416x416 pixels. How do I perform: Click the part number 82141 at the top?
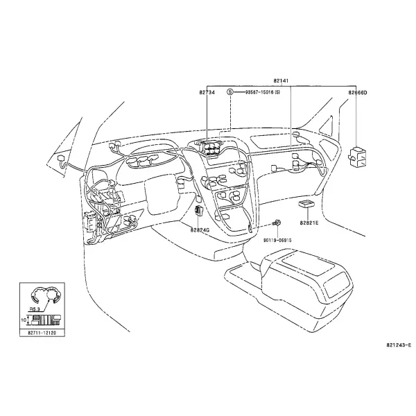point(281,80)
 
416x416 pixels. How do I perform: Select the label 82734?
point(207,92)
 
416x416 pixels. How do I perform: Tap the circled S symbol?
point(230,92)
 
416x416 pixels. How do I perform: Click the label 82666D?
point(358,93)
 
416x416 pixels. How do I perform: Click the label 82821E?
point(309,223)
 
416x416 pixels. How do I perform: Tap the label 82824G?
point(200,230)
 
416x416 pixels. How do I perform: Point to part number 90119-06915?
point(277,240)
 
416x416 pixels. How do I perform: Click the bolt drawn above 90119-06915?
point(277,223)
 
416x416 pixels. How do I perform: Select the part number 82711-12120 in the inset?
point(42,333)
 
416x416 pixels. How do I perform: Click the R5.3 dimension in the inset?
point(34,309)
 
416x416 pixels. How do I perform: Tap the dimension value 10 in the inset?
point(24,320)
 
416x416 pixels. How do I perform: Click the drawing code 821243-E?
point(399,345)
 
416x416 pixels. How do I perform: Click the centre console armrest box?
point(308,286)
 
